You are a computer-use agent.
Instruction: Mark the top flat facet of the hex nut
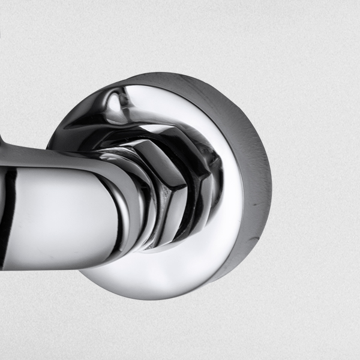(x=159, y=147)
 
